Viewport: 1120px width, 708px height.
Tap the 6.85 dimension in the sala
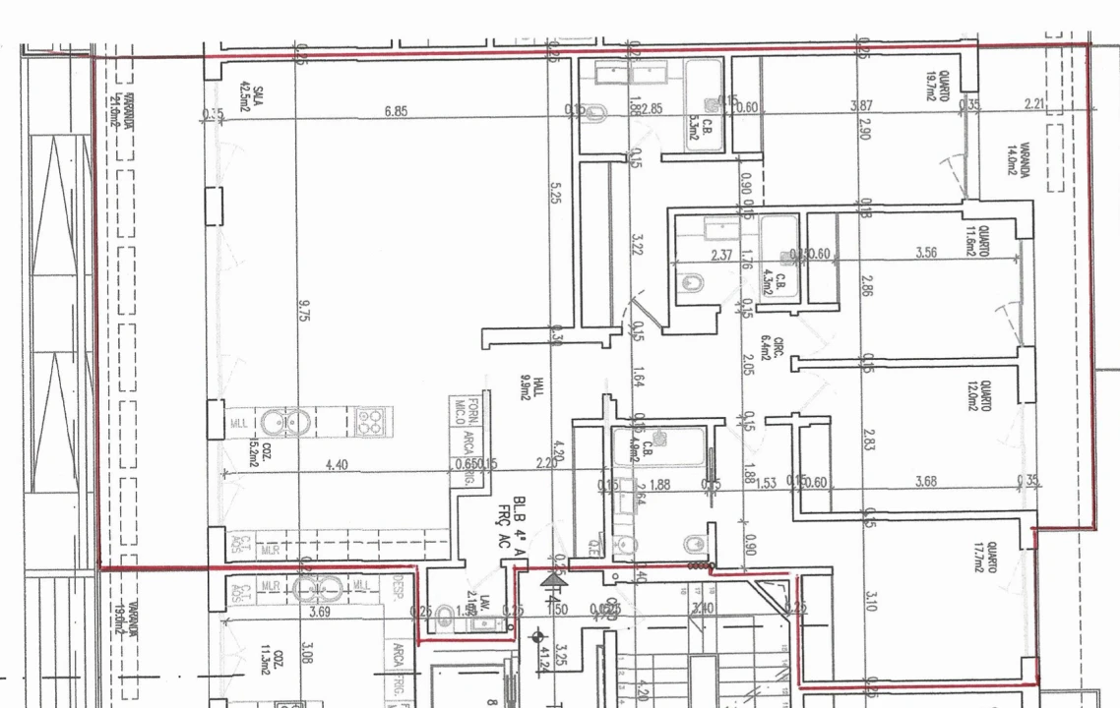tap(396, 111)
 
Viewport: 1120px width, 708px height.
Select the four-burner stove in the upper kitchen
tap(370, 423)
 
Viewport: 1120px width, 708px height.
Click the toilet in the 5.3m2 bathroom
tap(593, 114)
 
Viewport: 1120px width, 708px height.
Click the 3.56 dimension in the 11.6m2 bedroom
tap(925, 253)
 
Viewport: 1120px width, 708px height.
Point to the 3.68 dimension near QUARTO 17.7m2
tap(926, 481)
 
